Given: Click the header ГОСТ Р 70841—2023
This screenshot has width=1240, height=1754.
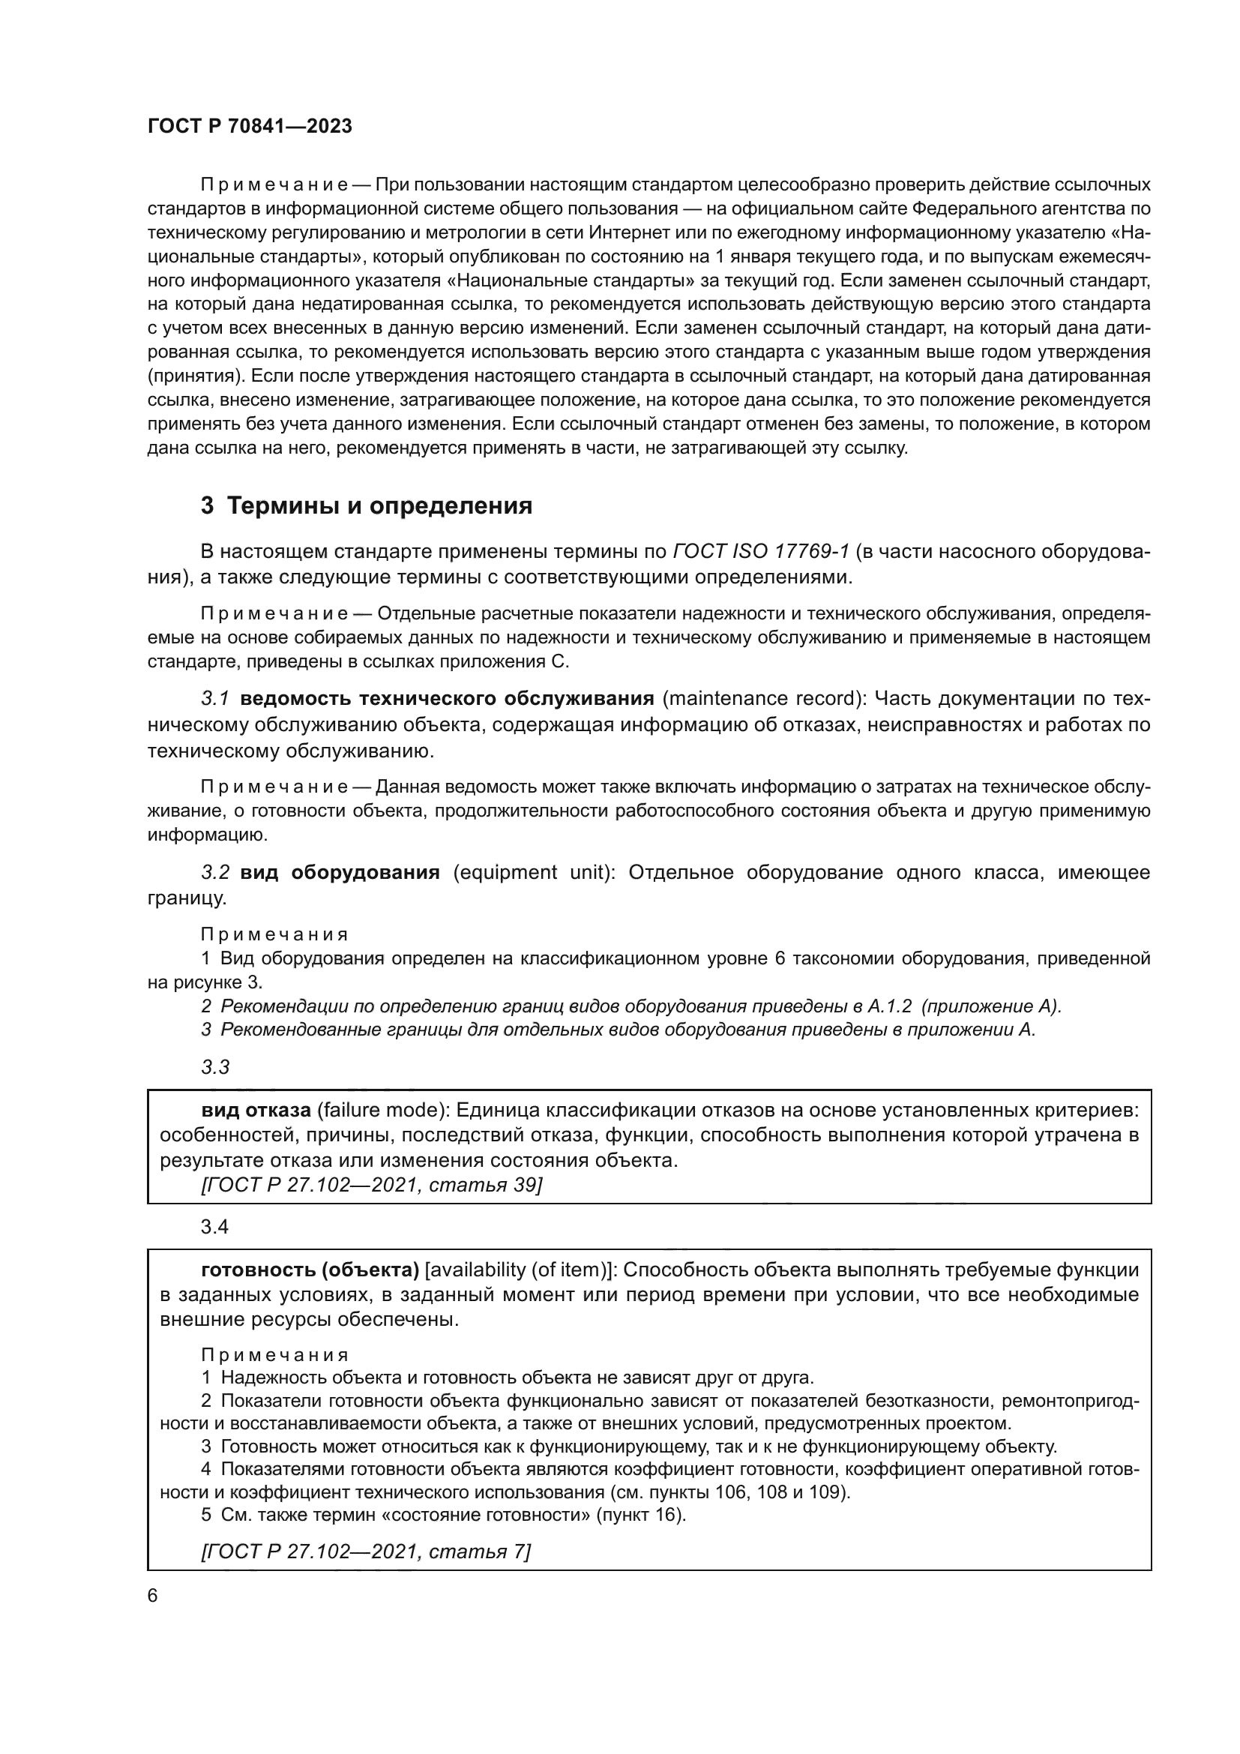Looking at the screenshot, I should (250, 127).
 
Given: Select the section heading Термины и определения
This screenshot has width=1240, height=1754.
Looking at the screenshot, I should (367, 505).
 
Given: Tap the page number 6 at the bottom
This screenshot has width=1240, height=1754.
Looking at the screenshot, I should (153, 1596).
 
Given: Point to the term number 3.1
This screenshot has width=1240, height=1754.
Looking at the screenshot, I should (215, 699).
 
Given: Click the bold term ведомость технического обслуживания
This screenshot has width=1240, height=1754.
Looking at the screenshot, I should (447, 699).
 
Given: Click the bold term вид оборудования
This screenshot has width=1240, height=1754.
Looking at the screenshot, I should (340, 872).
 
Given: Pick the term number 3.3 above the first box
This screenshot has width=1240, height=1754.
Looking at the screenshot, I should (215, 1067).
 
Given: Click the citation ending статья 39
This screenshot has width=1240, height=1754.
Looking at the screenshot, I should (371, 1185).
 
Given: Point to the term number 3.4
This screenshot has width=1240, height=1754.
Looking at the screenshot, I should (214, 1227).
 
